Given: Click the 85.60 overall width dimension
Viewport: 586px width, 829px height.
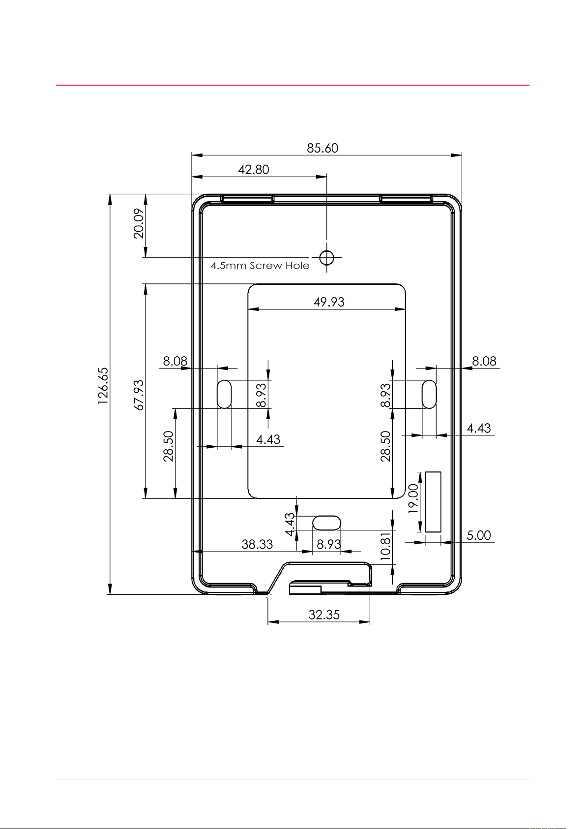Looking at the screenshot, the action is [x=322, y=148].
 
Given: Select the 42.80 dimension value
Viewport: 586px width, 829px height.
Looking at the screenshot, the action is [x=253, y=170].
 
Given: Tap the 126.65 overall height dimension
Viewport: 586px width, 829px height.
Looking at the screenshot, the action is [x=103, y=386].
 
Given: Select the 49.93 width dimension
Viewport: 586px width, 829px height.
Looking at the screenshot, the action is [x=329, y=302].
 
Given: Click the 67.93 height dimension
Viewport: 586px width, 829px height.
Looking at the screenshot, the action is [x=139, y=395].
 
